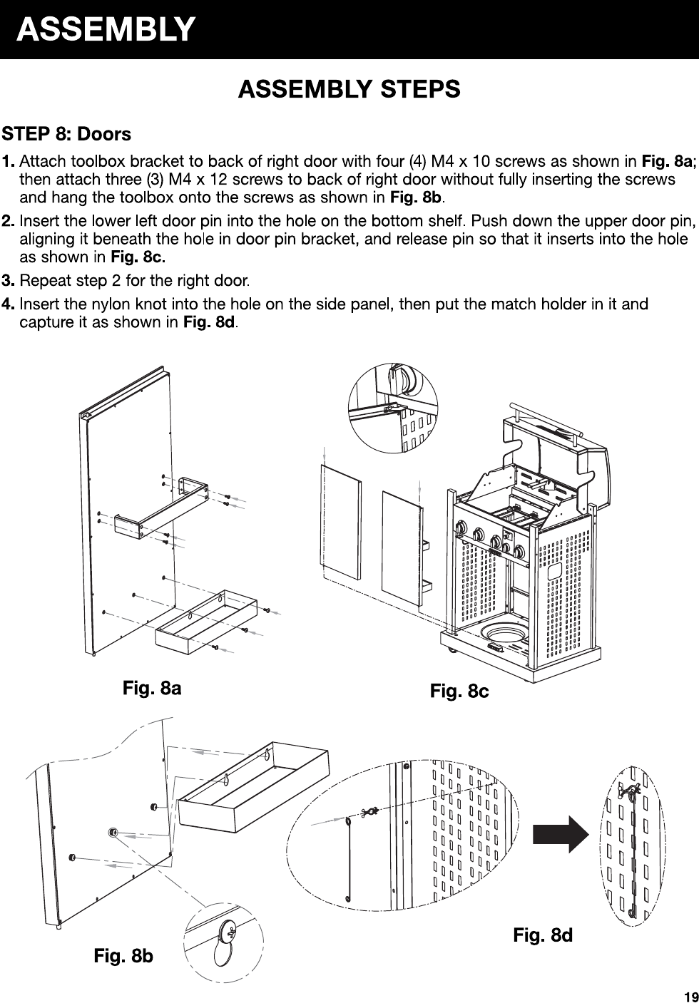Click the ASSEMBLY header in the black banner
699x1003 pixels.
(x=106, y=30)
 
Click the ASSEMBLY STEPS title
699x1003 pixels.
(x=349, y=90)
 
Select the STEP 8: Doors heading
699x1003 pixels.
(x=67, y=134)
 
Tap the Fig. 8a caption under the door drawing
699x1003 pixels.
(x=152, y=688)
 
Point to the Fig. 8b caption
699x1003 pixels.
(x=123, y=955)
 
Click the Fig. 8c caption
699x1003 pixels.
(x=459, y=691)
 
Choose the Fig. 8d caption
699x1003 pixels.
(x=543, y=935)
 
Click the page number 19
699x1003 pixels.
(x=689, y=996)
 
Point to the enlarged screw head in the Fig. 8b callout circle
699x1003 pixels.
(x=228, y=930)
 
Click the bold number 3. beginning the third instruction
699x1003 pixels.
(x=9, y=278)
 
